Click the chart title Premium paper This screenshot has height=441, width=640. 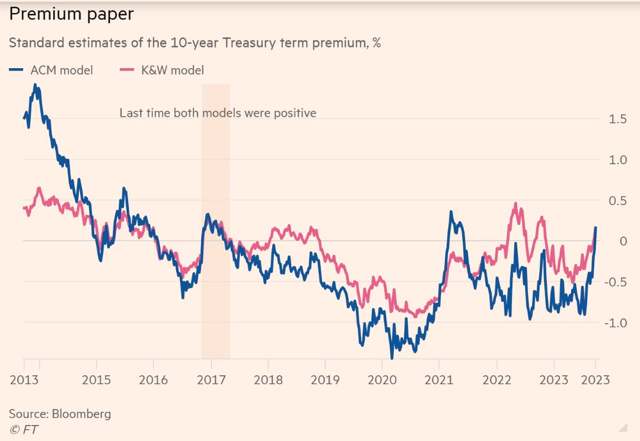click(x=71, y=15)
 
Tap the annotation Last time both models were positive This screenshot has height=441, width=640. click(x=218, y=113)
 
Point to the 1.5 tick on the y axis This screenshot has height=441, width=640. click(x=617, y=119)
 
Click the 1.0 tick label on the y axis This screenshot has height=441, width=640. click(x=617, y=160)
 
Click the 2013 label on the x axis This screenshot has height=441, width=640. click(x=24, y=380)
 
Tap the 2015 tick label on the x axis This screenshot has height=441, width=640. click(x=96, y=380)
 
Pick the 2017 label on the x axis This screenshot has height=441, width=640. click(x=211, y=380)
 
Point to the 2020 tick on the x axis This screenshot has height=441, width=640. click(x=383, y=380)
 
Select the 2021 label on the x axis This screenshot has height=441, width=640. click(x=440, y=380)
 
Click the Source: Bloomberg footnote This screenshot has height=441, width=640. click(x=60, y=414)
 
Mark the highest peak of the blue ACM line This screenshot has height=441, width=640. click(x=36, y=85)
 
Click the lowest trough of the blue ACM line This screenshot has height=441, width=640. click(x=392, y=357)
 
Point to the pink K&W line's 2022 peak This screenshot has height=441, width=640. click(x=515, y=204)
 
